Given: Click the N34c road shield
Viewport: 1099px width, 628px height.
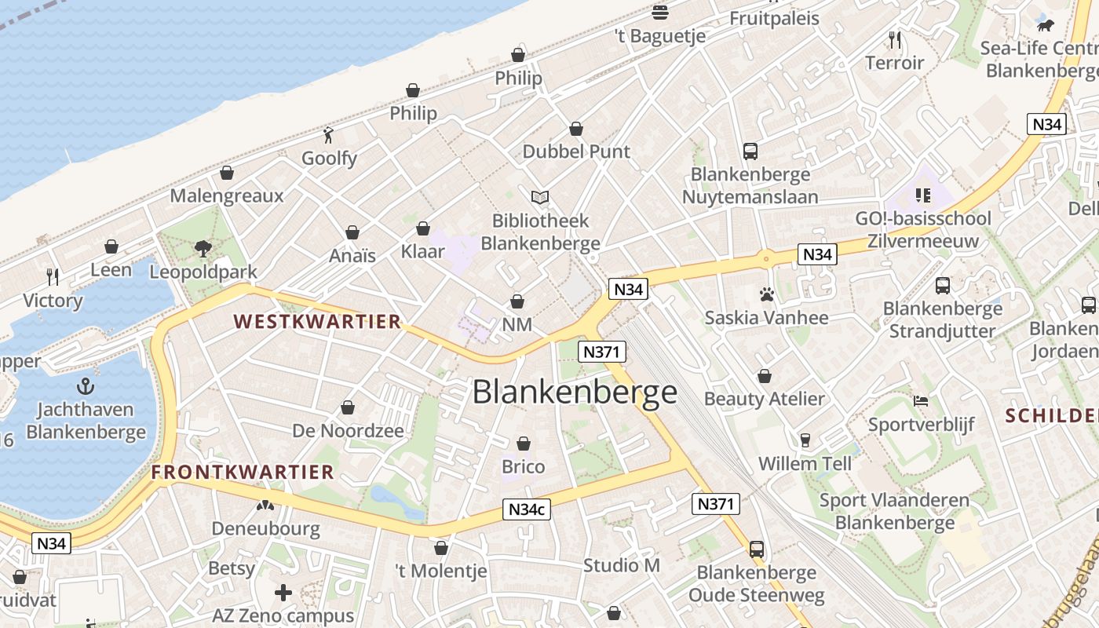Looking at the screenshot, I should pyautogui.click(x=526, y=509).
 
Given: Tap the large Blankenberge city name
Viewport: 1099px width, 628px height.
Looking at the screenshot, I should pyautogui.click(x=575, y=392).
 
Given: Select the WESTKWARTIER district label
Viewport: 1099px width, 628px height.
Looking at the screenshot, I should pyautogui.click(x=317, y=321).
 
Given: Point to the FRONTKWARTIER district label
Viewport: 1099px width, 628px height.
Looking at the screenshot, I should pyautogui.click(x=243, y=472).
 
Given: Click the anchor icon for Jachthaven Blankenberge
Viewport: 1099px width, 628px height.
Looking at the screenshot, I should pyautogui.click(x=86, y=386).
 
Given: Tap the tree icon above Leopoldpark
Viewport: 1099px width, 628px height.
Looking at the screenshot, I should pyautogui.click(x=203, y=249).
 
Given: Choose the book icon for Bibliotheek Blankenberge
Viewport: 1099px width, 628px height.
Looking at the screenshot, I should pyautogui.click(x=540, y=197).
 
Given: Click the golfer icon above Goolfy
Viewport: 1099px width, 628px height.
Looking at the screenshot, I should pyautogui.click(x=329, y=135).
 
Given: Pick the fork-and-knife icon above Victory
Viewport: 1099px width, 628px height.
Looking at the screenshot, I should pyautogui.click(x=53, y=276).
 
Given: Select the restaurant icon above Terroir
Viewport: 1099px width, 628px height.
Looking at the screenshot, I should pyautogui.click(x=894, y=39).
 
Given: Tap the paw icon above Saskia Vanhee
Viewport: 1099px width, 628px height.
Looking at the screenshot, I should pyautogui.click(x=766, y=294).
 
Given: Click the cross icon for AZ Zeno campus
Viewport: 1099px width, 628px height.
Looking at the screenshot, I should pyautogui.click(x=283, y=592).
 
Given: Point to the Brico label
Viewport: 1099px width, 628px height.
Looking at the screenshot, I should pyautogui.click(x=523, y=466).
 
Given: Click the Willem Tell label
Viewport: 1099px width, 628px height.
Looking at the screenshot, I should pyautogui.click(x=805, y=463).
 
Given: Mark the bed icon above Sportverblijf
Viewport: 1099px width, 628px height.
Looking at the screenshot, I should pyautogui.click(x=921, y=401).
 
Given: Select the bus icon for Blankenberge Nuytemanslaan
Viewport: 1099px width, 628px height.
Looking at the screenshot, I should pyautogui.click(x=750, y=151).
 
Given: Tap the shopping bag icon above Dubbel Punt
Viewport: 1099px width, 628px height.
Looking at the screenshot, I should pyautogui.click(x=576, y=128).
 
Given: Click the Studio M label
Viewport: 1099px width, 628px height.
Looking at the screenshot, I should pyautogui.click(x=622, y=564).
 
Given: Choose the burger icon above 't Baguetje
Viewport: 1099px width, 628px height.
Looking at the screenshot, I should pyautogui.click(x=660, y=12).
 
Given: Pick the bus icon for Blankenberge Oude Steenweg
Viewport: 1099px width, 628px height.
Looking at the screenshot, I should pyautogui.click(x=757, y=549).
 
